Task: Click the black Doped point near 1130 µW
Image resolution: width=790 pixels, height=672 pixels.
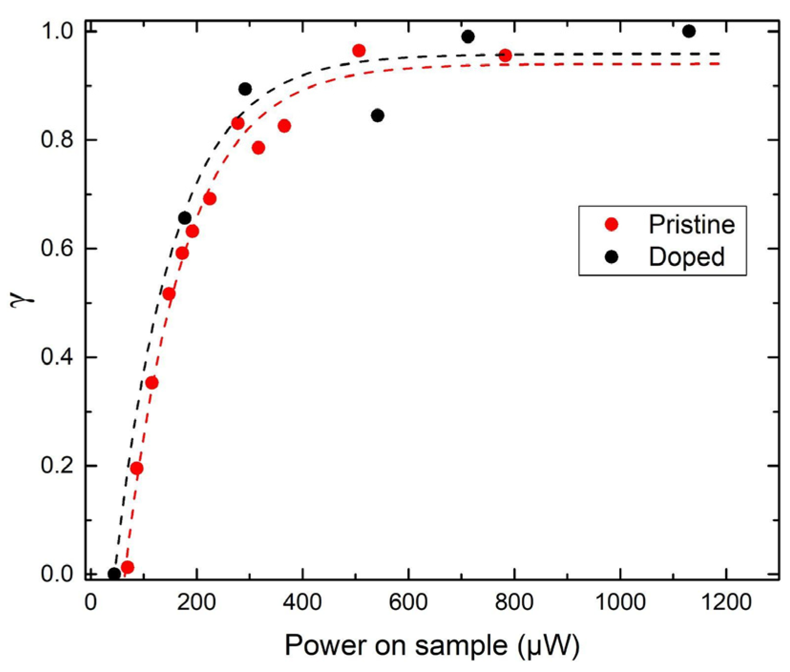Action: [x=688, y=31]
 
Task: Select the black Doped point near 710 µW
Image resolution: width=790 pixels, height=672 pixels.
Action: [x=468, y=37]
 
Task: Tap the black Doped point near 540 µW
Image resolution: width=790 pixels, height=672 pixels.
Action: [x=377, y=115]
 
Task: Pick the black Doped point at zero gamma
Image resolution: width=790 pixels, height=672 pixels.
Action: [x=114, y=574]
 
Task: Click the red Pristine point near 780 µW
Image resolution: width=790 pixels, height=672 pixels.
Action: [x=505, y=55]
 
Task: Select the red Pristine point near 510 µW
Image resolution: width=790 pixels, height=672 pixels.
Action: [x=359, y=51]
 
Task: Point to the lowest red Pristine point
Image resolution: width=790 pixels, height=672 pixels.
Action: [x=127, y=567]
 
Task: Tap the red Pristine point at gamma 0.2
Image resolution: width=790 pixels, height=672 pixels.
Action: [x=136, y=468]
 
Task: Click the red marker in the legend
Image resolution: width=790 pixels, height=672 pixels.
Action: [x=611, y=224]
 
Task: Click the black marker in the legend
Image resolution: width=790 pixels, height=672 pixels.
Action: [x=611, y=257]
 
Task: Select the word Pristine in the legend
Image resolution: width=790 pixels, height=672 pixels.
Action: [x=691, y=224]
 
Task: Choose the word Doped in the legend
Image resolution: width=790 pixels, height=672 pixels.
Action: [x=686, y=257]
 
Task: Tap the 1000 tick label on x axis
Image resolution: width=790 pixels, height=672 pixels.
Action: [x=620, y=602]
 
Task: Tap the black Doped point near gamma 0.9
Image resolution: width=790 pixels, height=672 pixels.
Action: [x=245, y=89]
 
